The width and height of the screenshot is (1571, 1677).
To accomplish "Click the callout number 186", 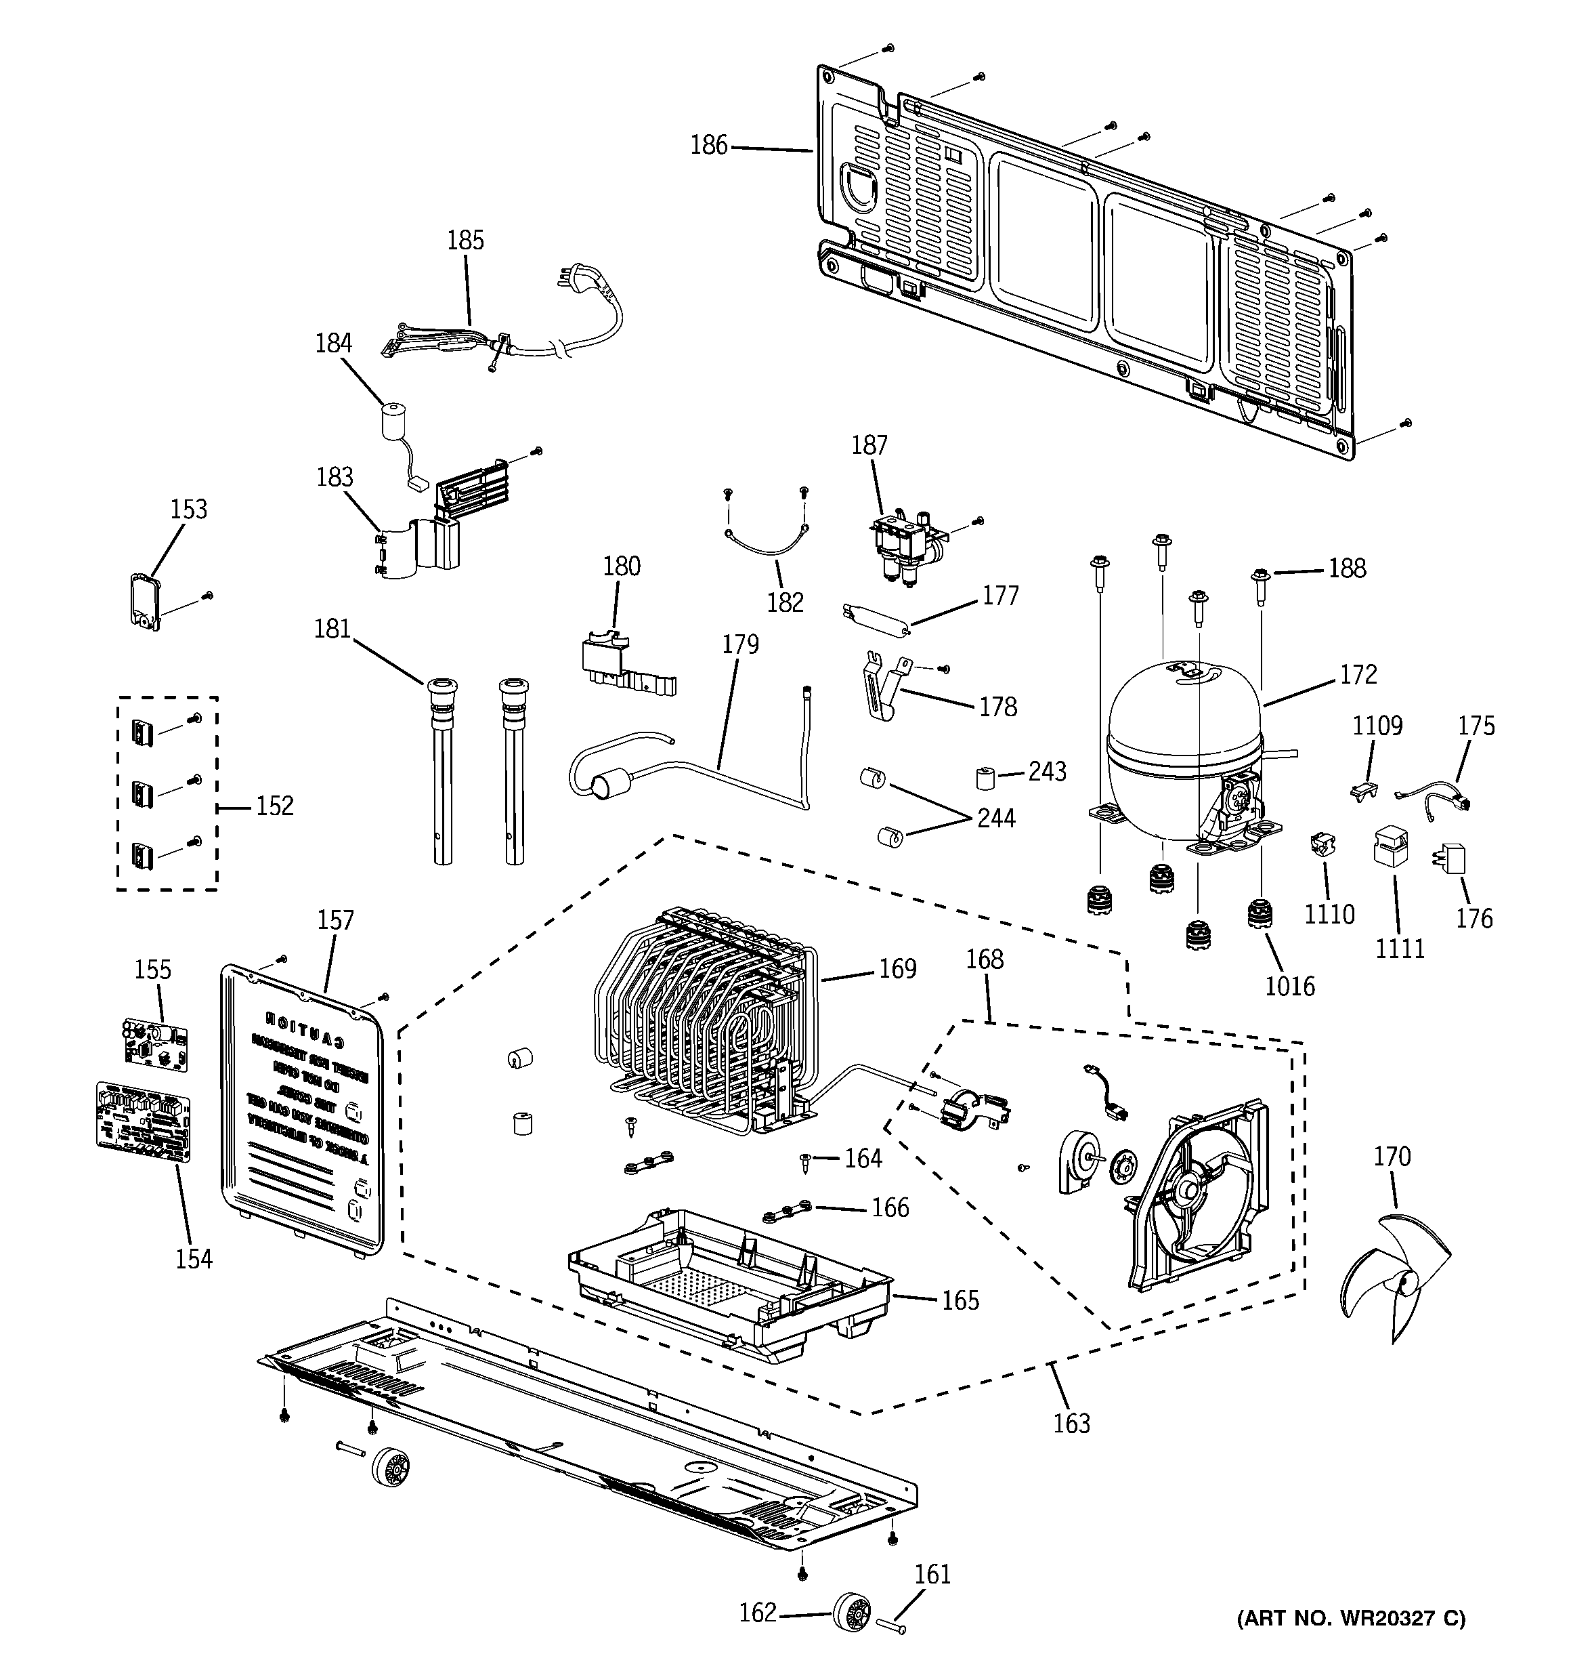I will click(x=708, y=145).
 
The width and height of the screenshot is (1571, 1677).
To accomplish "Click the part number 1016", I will click(x=1289, y=985).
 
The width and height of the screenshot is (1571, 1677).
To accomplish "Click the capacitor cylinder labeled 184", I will click(x=389, y=421).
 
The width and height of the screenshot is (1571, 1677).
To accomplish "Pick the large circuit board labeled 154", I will click(x=144, y=1121).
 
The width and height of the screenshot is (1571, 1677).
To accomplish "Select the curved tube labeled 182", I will click(x=767, y=547).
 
